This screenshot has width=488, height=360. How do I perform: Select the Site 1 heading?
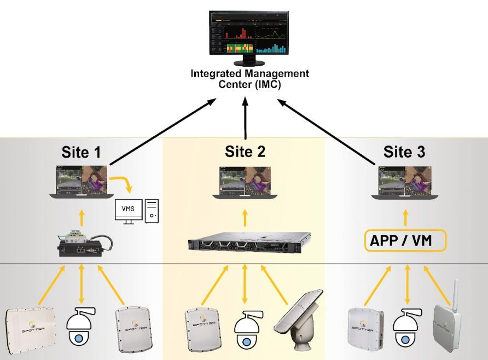(x=82, y=152)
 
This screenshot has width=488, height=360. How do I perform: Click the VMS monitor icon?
(x=128, y=211)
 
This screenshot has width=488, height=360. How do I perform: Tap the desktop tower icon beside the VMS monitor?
(x=153, y=211)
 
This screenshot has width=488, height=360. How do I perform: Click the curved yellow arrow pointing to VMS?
(x=121, y=183)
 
